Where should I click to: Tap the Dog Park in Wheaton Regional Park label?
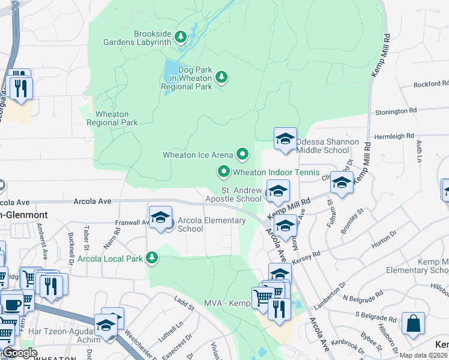point(187,78)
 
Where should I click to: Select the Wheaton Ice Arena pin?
point(243,155)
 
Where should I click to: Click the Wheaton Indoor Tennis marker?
point(224,172)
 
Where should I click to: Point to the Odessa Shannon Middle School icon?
point(285,139)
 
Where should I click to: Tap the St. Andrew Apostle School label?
point(234,194)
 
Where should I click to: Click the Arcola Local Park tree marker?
point(152,258)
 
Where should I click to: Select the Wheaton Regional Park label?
point(112,118)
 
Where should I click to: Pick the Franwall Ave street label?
point(132,222)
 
